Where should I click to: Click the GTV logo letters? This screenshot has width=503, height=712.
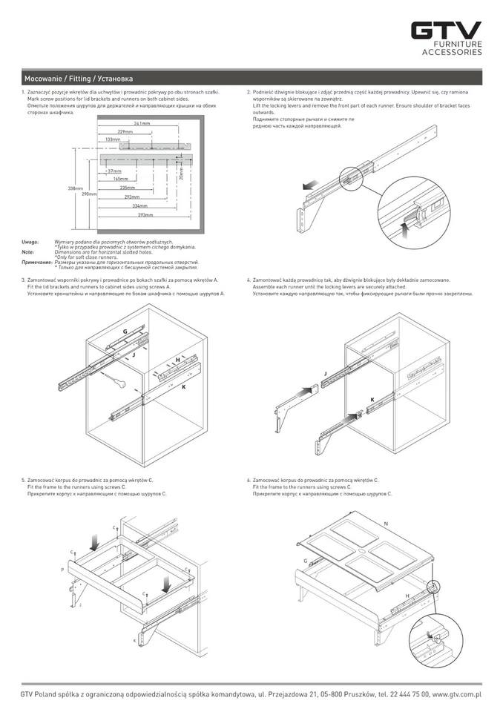coord(447,30)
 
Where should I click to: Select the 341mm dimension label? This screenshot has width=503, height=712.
coord(142,123)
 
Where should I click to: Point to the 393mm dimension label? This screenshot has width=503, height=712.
coord(145,215)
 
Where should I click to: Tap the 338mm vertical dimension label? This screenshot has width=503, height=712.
coord(75,188)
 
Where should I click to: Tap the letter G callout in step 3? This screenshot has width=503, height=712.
coord(125,331)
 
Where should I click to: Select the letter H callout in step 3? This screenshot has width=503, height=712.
coord(178,360)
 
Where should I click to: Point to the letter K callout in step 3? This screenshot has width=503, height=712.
coord(183,386)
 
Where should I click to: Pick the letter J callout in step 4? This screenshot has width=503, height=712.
coord(325,373)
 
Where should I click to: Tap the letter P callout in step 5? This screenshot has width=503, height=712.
coord(62,570)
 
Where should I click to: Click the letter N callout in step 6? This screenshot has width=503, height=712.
coord(386,524)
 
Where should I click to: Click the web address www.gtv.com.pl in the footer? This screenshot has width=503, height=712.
coord(456,694)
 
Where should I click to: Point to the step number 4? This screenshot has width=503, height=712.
coord(248,281)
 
